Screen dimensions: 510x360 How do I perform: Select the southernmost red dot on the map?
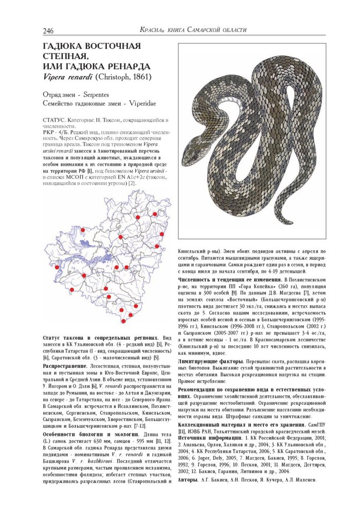click(x=123, y=321)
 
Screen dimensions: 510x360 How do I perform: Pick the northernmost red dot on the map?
click(x=155, y=213)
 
